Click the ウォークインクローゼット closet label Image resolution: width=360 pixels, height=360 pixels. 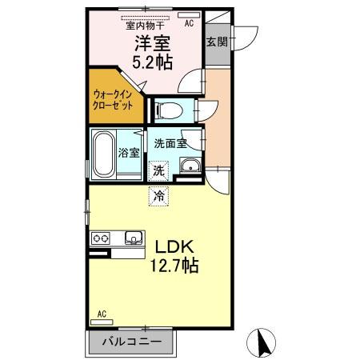pyautogui.click(x=114, y=100)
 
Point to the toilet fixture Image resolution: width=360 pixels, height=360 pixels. pyautogui.click(x=170, y=108)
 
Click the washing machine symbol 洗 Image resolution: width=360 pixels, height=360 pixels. pyautogui.click(x=158, y=170)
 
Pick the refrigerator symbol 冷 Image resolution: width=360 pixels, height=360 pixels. pyautogui.click(x=158, y=194)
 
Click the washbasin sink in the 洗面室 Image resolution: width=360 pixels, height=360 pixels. pyautogui.click(x=190, y=167)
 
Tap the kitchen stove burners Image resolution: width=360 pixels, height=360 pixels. pyautogui.click(x=101, y=238)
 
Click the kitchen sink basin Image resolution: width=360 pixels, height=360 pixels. pyautogui.click(x=133, y=237)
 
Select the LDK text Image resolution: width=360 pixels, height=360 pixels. pyautogui.click(x=171, y=248)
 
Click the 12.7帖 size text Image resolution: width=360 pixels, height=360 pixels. pyautogui.click(x=171, y=266)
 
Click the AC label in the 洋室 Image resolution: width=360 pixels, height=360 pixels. pyautogui.click(x=189, y=24)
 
